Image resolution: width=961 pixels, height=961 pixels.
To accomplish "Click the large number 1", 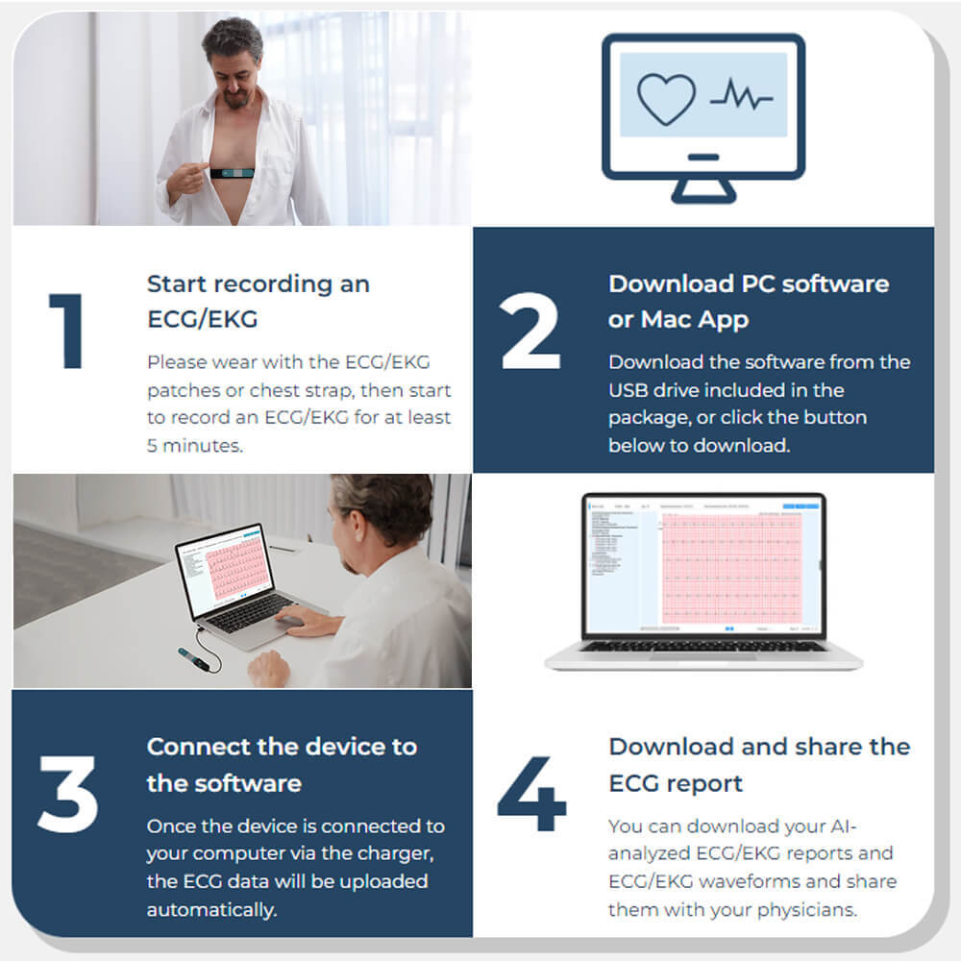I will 66,332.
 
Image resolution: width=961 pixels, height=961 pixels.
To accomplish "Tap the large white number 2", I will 530,332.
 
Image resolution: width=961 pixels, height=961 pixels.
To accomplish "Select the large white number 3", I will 68,794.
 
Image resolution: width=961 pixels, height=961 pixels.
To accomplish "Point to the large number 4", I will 531,794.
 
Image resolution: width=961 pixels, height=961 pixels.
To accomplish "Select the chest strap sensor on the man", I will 233,173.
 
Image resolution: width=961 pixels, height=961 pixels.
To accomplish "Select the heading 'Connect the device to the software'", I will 281,765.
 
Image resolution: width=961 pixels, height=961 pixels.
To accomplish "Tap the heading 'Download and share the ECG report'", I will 759,765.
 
